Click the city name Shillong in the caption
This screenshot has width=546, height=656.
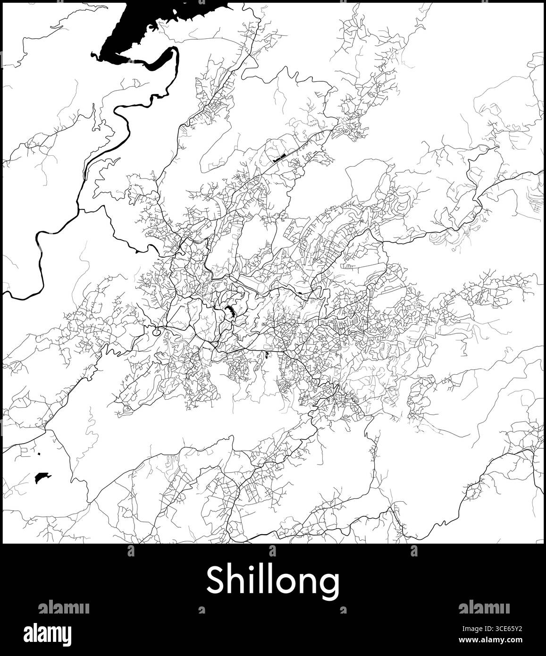point(273,581)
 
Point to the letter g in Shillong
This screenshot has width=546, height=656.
point(329,584)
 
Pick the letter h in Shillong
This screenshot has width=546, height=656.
point(235,580)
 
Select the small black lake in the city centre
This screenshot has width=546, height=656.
point(230,311)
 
